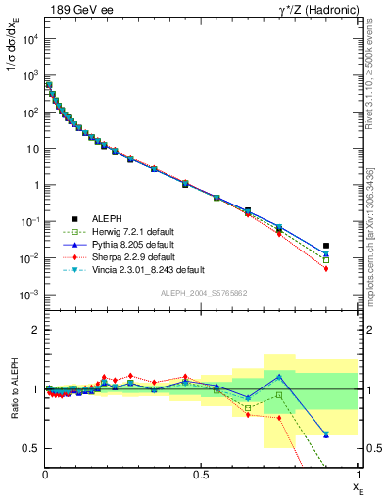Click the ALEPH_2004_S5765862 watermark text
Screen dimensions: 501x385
202,294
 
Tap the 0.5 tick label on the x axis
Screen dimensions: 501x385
202,474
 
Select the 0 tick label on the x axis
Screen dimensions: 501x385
46,474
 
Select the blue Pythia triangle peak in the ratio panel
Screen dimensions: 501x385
279,376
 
